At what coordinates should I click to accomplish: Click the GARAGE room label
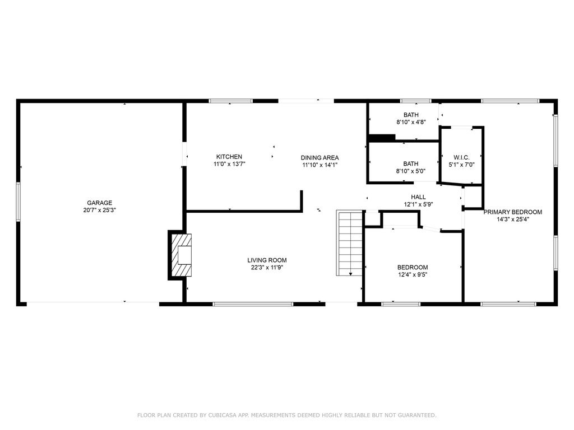click(x=100, y=203)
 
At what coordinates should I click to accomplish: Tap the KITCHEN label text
click(x=229, y=157)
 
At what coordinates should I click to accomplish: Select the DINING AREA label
click(x=320, y=158)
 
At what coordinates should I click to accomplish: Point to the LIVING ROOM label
click(x=267, y=260)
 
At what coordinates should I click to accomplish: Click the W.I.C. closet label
click(x=462, y=157)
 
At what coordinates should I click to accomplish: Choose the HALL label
click(x=418, y=197)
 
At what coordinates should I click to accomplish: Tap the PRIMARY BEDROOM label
click(x=513, y=212)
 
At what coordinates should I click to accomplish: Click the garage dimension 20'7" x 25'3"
click(x=100, y=211)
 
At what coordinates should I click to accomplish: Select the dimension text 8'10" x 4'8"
click(x=411, y=122)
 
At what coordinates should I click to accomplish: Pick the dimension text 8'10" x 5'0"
click(x=411, y=171)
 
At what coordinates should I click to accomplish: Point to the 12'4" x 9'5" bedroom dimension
click(x=413, y=274)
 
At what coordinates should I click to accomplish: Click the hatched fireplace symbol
click(x=182, y=255)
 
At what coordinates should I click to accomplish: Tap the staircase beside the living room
click(x=349, y=243)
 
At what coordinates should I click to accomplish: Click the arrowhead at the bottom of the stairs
click(x=351, y=274)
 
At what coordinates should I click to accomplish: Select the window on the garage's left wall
click(x=18, y=202)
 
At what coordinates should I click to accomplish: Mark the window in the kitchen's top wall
click(x=230, y=101)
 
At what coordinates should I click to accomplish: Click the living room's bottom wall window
click(x=253, y=304)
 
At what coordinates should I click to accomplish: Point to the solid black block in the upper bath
click(x=382, y=138)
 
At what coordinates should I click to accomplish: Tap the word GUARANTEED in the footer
click(x=417, y=415)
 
